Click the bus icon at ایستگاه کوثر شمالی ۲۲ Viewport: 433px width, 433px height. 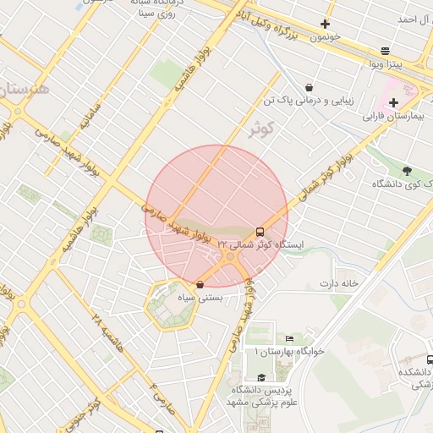tap(259, 231)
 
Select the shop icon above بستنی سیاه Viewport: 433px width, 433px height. tap(200, 285)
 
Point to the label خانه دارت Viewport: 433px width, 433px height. tap(339, 282)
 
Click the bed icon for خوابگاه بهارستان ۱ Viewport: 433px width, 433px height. tap(290, 338)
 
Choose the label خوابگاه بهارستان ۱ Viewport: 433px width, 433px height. tap(272, 350)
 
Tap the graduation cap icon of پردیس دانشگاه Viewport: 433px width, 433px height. tap(260, 377)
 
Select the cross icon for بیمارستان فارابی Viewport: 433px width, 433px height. tap(393, 102)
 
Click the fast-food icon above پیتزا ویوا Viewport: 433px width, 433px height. tap(386, 51)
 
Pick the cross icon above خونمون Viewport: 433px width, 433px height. tap(325, 25)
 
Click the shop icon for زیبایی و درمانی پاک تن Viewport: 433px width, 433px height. tap(308, 87)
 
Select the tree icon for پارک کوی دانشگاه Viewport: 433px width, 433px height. tap(408, 171)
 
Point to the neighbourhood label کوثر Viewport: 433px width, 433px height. tap(263, 129)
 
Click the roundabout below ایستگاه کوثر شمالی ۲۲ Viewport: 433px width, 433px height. tap(230, 257)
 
